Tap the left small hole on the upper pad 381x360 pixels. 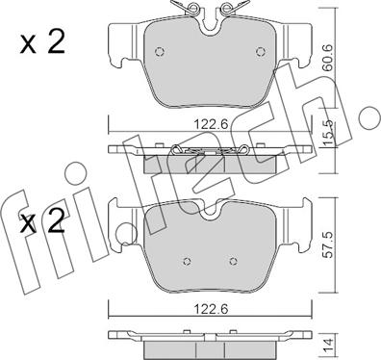pyautogui.click(x=160, y=54)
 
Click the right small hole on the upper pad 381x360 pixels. pyautogui.click(x=257, y=54)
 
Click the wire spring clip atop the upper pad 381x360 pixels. pyautogui.click(x=209, y=12)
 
